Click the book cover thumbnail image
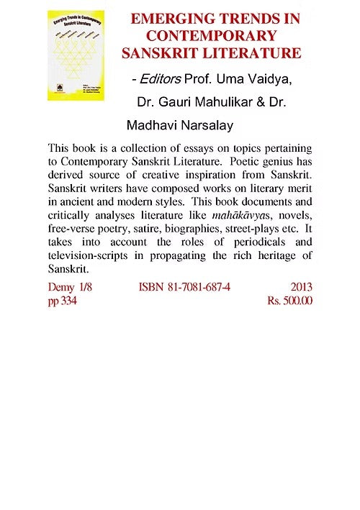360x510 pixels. (x=76, y=55)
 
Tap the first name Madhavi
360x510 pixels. (x=151, y=126)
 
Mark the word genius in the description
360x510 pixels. (x=285, y=162)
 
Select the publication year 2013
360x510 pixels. (x=300, y=288)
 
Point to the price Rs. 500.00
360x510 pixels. (x=289, y=301)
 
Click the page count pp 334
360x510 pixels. (x=62, y=301)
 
